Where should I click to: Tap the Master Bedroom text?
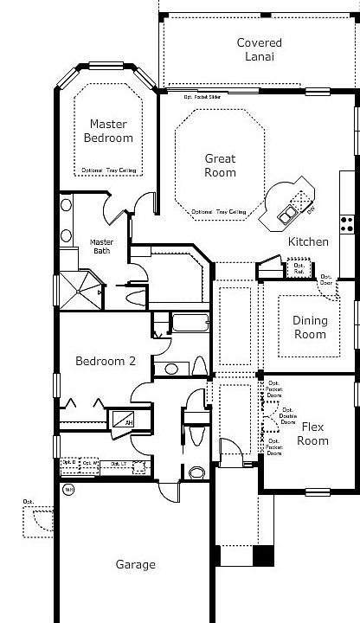click(x=109, y=131)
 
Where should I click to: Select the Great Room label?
click(x=220, y=164)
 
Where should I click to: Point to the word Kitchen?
click(x=308, y=241)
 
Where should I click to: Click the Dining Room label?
click(x=309, y=327)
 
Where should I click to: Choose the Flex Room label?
click(x=312, y=434)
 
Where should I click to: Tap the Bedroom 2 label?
click(x=105, y=362)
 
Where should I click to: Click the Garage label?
click(x=136, y=564)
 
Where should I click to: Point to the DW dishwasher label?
click(x=310, y=209)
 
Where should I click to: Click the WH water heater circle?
click(x=68, y=489)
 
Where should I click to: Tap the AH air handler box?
click(x=128, y=422)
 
